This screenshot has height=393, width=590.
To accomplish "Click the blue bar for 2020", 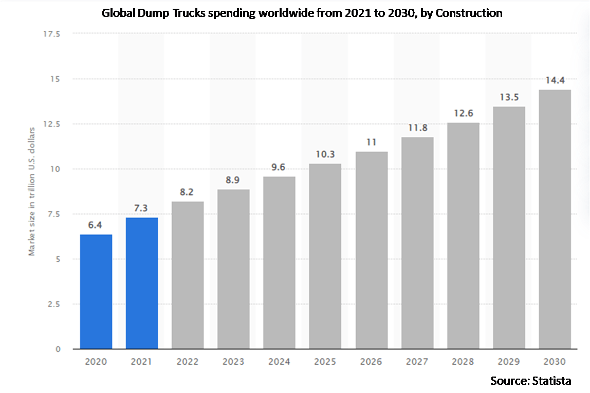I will pyautogui.click(x=96, y=292).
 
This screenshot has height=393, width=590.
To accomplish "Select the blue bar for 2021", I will pyautogui.click(x=142, y=283).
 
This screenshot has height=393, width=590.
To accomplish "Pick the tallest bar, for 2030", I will pyautogui.click(x=555, y=220).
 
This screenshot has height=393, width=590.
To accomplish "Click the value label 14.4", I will pyautogui.click(x=555, y=80).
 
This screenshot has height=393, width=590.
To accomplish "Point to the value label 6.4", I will pyautogui.click(x=96, y=225).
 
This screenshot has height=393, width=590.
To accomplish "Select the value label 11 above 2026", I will pyautogui.click(x=371, y=142).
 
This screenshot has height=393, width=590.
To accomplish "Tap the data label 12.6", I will pyautogui.click(x=463, y=113).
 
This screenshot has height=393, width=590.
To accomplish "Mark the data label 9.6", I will pyautogui.click(x=279, y=167).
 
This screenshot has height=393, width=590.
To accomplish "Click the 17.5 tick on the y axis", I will pyautogui.click(x=52, y=34).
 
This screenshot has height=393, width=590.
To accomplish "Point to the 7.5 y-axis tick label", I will pyautogui.click(x=54, y=214).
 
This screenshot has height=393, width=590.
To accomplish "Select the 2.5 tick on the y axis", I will pyautogui.click(x=54, y=304).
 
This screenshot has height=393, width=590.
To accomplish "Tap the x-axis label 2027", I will pyautogui.click(x=417, y=362).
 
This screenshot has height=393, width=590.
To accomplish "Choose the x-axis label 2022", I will pyautogui.click(x=188, y=362).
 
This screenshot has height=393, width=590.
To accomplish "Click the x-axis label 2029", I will pyautogui.click(x=508, y=362).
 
